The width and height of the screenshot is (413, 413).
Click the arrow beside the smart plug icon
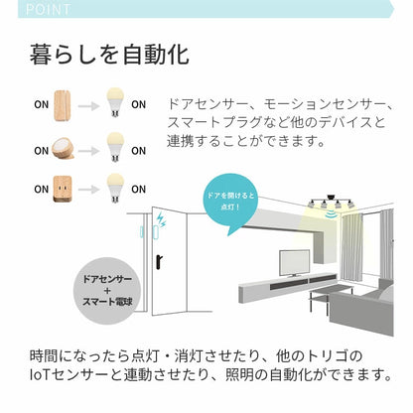coord(91,187)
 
